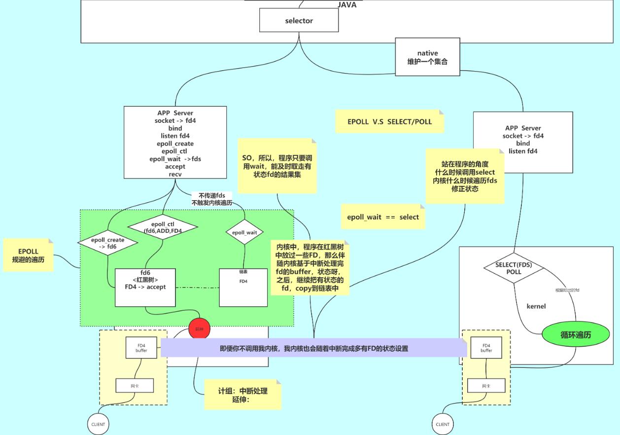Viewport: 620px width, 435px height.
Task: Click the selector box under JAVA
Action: point(299,21)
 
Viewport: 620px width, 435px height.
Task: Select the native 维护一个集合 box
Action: point(427,58)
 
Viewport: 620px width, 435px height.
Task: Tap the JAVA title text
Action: point(346,5)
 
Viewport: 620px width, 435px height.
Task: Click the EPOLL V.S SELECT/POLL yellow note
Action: point(389,121)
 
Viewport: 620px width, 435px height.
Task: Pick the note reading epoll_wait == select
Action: point(383,217)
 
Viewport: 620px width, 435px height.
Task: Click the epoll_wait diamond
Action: point(244,232)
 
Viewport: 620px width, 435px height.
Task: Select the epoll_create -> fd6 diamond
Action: point(108,243)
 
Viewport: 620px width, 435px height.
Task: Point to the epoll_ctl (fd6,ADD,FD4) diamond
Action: point(163,227)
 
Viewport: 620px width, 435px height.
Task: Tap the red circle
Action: point(199,328)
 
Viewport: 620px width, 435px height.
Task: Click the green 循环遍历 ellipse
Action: point(575,335)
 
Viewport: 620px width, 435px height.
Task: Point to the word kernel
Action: point(536,306)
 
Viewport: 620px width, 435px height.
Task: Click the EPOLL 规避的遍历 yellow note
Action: point(28,255)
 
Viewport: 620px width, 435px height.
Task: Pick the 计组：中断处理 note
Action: point(242,395)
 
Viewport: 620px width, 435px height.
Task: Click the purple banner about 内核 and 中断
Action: point(313,348)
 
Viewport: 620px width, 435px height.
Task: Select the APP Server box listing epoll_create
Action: point(175,143)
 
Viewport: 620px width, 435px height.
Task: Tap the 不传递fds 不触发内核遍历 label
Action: point(212,199)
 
